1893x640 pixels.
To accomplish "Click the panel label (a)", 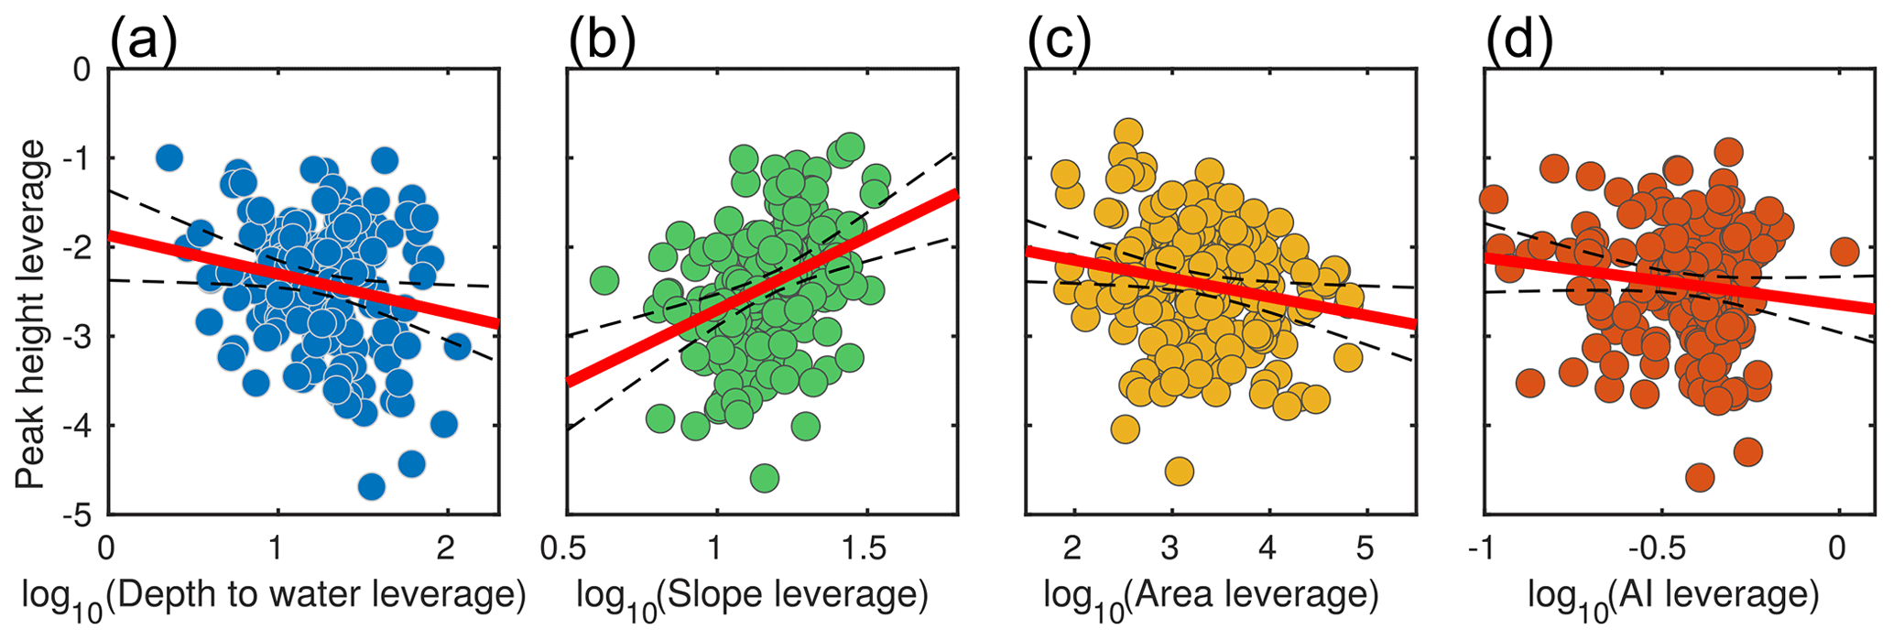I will coord(143,38).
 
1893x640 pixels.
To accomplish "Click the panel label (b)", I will coord(602,38).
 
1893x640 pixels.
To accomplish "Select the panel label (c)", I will coord(1061,38).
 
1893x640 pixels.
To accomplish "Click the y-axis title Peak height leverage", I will coord(32,314).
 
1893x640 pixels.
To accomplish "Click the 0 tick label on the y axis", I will coord(83,70).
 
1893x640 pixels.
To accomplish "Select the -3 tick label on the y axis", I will coord(78,337).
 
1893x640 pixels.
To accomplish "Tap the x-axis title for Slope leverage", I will coord(752,597).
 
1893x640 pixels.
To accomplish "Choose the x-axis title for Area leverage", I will coord(1211,597).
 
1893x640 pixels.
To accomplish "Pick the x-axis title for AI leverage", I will coord(1672,597).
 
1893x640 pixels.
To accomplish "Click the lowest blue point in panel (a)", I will coord(371,486).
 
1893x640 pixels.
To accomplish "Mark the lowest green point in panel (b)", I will coord(764,477).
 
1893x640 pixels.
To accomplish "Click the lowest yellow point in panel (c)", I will coord(1179,472).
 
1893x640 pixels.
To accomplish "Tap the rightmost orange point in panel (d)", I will coord(1844,251).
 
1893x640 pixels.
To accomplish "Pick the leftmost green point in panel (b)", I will coord(604,279).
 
